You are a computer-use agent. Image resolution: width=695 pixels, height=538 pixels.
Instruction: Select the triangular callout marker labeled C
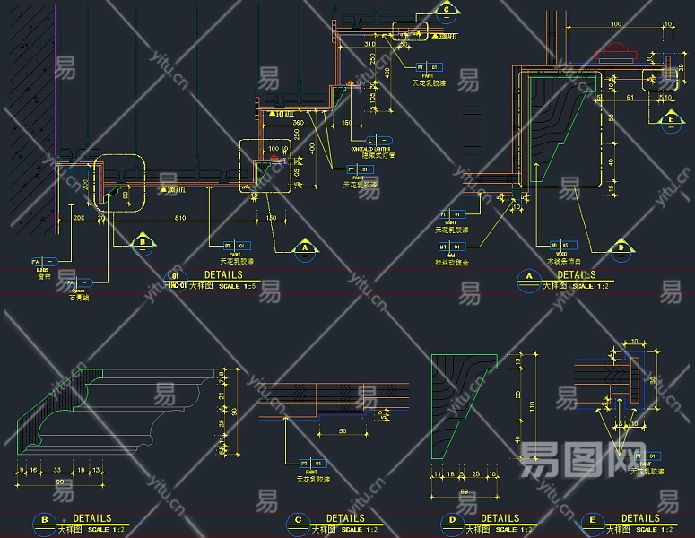click(x=446, y=12)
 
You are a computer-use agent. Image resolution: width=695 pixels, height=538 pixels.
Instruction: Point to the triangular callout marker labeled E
click(x=668, y=119)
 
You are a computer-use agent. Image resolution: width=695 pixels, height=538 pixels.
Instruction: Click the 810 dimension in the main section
click(x=179, y=217)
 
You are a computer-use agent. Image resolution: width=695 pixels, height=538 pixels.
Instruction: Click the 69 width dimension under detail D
click(x=464, y=492)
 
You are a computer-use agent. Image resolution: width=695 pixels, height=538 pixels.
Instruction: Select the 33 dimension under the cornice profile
click(x=57, y=469)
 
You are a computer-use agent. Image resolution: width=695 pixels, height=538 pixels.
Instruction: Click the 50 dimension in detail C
click(x=343, y=431)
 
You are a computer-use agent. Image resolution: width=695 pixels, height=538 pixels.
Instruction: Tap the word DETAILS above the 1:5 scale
click(x=222, y=275)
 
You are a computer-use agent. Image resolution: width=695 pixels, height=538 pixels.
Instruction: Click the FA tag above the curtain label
click(x=39, y=262)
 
